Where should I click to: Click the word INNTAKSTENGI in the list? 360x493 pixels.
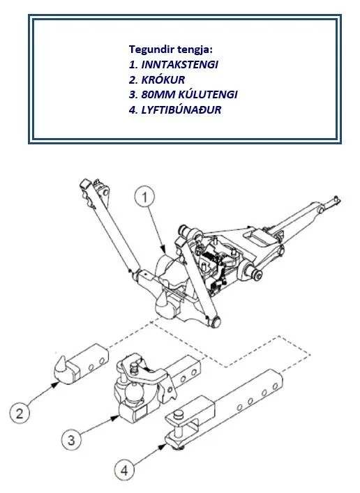(x=180, y=64)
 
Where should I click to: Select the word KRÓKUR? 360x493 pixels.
(x=163, y=79)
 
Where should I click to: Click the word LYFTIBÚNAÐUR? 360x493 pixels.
(x=181, y=109)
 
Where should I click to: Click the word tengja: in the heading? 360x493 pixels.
(x=195, y=50)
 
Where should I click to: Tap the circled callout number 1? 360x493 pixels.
(x=144, y=197)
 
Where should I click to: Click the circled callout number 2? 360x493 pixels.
(x=20, y=413)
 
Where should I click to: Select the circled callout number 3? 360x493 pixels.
(x=71, y=440)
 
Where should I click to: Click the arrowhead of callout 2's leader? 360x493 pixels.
(x=56, y=384)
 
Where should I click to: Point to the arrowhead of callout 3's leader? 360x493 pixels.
(x=116, y=418)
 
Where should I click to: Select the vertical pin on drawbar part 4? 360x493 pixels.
(x=179, y=423)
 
